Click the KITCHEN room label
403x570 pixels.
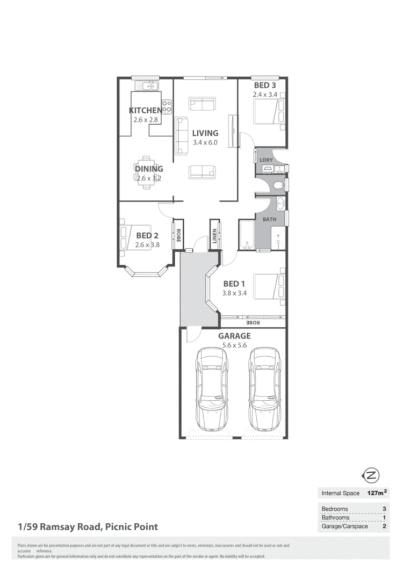click(145, 111)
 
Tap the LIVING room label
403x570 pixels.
click(205, 133)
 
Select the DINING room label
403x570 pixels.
click(149, 169)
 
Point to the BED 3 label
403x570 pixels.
click(265, 85)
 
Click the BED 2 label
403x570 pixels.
click(147, 235)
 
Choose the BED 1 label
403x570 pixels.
click(234, 284)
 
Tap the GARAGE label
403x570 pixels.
click(234, 336)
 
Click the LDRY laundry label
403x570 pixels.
click(265, 160)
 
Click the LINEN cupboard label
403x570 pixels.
click(215, 235)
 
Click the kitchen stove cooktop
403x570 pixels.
click(167, 106)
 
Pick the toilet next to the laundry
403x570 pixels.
click(277, 185)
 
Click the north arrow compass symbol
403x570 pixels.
click(372, 475)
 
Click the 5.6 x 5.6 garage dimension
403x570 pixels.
click(234, 345)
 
